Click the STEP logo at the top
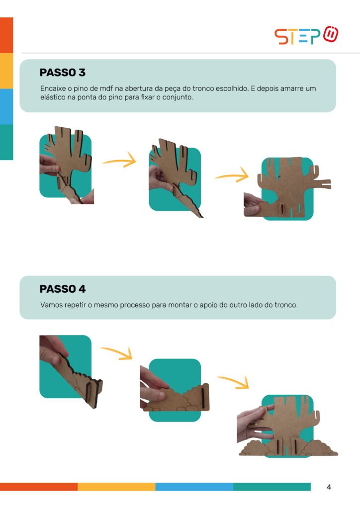pos(306,35)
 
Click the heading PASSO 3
pos(63,73)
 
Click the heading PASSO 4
pos(63,289)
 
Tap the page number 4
pos(329,487)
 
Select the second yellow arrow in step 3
pos(232,175)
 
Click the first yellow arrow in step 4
pos(117,352)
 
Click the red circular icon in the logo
pos(331,34)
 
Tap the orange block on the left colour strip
pos(6,35)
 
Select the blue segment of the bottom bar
pos(194,487)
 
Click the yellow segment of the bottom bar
pos(116,487)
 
